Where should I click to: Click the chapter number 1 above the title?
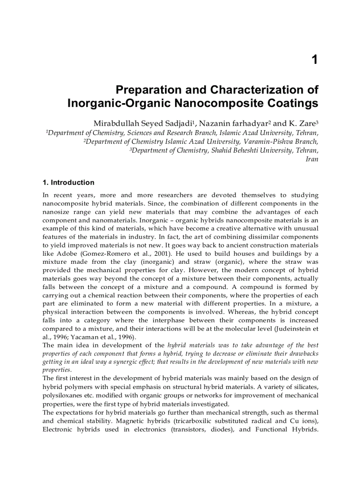click(x=315, y=60)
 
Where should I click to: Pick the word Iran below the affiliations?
click(x=312, y=159)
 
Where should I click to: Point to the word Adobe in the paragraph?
click(x=66, y=254)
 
